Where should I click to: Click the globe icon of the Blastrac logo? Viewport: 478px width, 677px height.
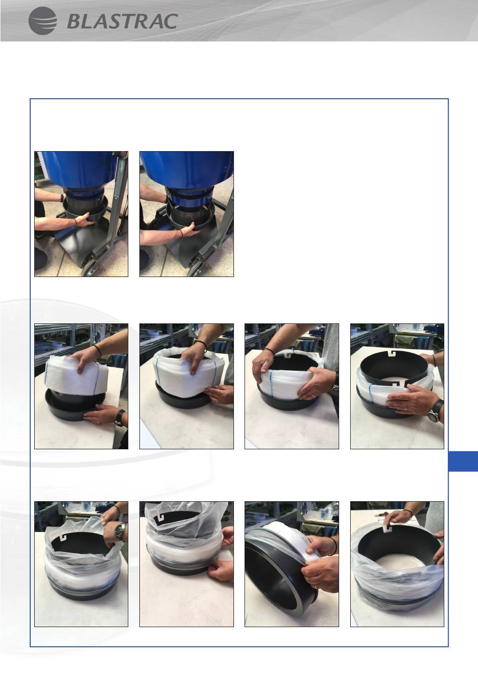tap(43, 21)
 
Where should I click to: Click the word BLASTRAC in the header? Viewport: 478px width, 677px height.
tap(122, 22)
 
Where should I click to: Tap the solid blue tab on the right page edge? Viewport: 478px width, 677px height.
tap(463, 461)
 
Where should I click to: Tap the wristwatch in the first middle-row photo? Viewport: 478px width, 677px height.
tap(120, 418)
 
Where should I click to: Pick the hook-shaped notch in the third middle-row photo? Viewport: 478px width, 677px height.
tap(288, 353)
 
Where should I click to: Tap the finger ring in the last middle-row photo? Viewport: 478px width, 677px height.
tap(406, 409)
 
